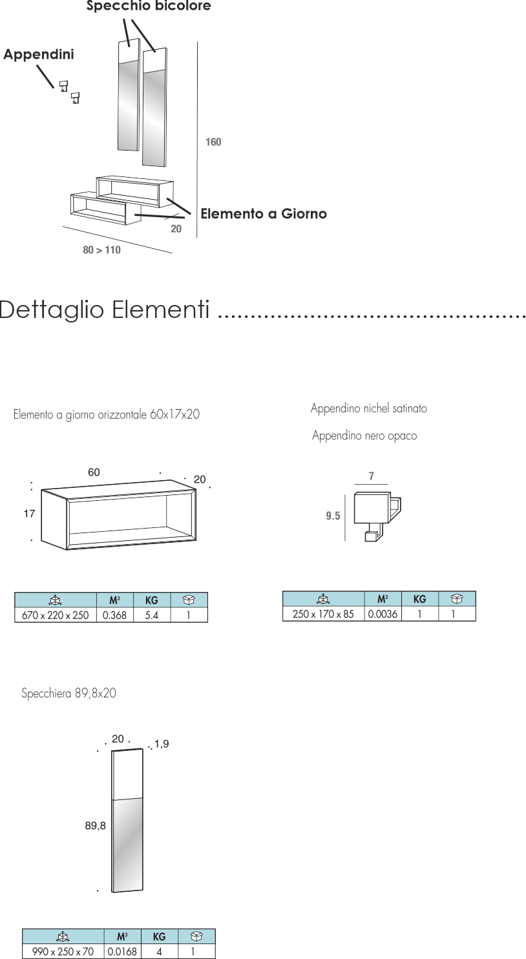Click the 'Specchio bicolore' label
(149, 6)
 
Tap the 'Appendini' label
(39, 55)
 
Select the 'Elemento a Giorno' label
(264, 214)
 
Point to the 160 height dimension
(213, 142)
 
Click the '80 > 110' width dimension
(102, 250)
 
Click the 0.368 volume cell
(114, 615)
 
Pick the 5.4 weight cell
(152, 615)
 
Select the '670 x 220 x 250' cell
(56, 615)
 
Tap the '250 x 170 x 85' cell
(324, 614)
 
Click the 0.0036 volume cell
(383, 614)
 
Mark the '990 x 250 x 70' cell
(63, 951)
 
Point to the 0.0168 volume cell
(122, 951)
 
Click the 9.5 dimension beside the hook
(333, 516)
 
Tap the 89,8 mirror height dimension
(96, 826)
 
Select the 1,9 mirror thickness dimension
(162, 744)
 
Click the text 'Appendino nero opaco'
(364, 436)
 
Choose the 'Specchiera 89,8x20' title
(69, 694)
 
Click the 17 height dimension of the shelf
(29, 514)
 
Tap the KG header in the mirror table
(159, 936)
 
